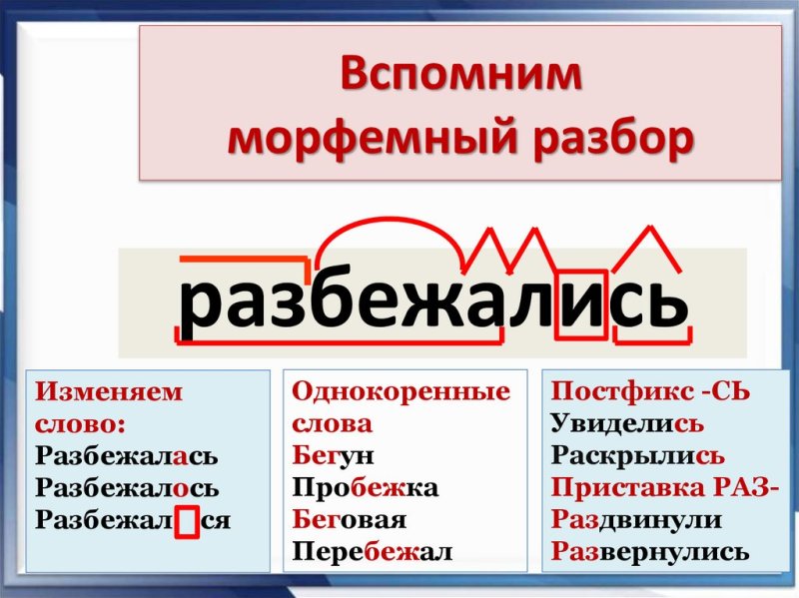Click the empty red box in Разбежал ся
point(188,522)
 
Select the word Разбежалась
point(126,456)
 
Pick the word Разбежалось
point(127,489)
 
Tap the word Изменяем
point(109,391)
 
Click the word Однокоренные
point(399,391)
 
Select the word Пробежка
point(366,488)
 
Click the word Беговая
point(350,520)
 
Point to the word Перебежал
point(373,552)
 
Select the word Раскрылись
point(637,456)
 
